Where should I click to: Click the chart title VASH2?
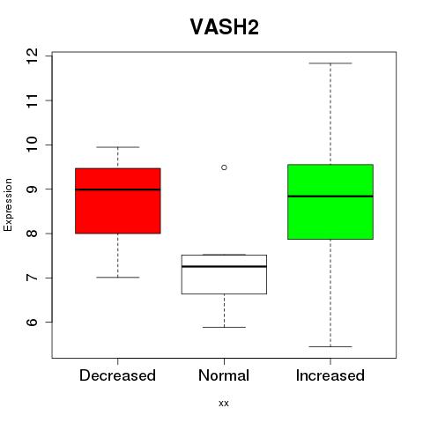225,26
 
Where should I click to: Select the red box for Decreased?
118,201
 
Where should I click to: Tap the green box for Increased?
330,202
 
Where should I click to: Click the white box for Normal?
224,274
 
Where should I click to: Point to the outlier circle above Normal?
224,167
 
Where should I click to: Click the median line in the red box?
118,189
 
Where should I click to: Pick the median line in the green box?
330,197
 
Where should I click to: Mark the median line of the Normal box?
224,266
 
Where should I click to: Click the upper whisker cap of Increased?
330,63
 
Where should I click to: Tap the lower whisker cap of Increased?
330,346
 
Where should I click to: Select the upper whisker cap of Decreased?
118,147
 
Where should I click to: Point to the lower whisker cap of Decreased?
118,278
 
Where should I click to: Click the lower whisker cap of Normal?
224,327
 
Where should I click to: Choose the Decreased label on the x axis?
117,375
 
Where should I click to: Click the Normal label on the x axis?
224,375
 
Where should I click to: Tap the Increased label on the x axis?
330,375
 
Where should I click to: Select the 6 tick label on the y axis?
33,322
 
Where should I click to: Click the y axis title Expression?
8,204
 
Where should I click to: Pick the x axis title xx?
224,404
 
